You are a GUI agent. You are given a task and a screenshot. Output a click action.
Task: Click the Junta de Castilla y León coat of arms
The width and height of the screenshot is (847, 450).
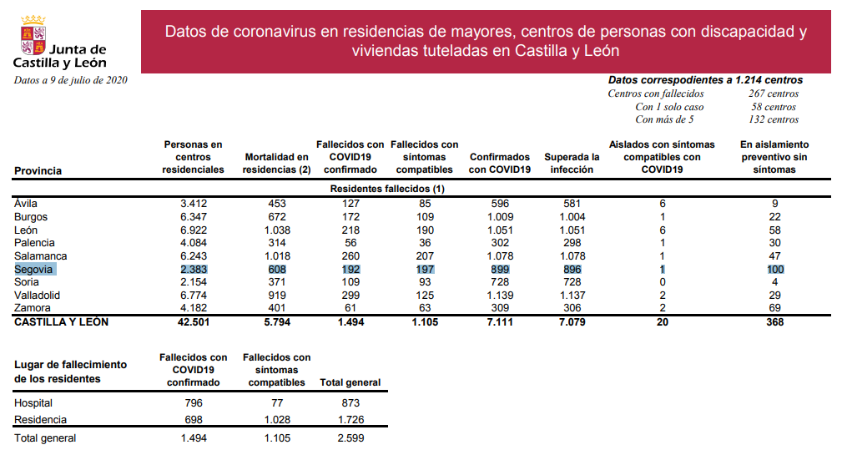[x=33, y=33]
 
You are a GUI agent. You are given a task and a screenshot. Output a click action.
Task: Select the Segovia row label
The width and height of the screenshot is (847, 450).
[x=33, y=270]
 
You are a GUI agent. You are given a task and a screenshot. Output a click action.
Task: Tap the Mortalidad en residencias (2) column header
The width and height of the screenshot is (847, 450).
[x=276, y=163]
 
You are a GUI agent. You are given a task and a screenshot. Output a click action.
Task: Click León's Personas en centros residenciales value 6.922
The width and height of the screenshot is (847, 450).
[x=194, y=230]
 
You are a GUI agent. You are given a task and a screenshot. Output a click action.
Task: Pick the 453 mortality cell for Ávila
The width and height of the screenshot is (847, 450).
[x=277, y=203]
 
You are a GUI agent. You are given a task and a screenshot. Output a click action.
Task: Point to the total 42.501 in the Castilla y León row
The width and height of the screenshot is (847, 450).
[x=194, y=321]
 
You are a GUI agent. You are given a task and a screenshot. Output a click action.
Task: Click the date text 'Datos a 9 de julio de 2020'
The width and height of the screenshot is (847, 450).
[x=70, y=80]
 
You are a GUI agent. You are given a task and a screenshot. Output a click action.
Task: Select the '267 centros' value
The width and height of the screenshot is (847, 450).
[x=774, y=94]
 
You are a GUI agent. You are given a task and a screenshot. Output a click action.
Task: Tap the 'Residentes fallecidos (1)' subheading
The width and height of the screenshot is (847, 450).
[x=387, y=190]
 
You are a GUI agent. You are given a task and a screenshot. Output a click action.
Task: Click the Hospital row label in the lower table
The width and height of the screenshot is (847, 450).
[x=33, y=403]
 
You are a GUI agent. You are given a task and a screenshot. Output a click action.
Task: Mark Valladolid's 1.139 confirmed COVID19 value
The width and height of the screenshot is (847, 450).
[x=500, y=295]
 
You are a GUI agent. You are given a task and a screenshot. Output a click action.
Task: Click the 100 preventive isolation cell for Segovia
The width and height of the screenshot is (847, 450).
[x=774, y=270]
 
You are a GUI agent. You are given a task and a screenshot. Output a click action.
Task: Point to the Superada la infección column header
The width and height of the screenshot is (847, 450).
[x=572, y=163]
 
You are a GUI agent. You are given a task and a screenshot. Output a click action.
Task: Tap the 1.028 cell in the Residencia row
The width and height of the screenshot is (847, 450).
[x=276, y=420]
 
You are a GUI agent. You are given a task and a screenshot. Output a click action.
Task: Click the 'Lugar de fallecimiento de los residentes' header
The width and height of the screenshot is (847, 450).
[x=71, y=372]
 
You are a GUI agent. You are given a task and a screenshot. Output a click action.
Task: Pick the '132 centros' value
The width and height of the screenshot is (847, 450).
[x=774, y=119]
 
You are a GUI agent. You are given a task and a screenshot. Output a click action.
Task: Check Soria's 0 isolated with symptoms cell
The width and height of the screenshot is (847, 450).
[x=662, y=282]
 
